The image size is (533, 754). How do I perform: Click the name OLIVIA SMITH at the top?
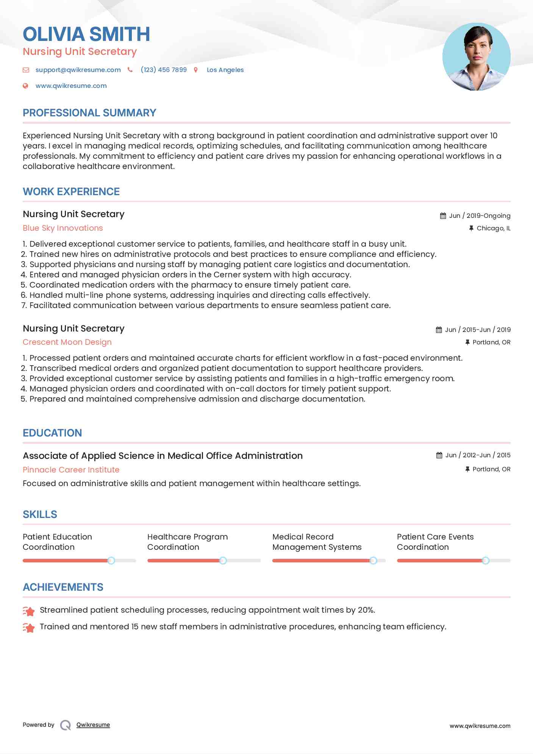(x=86, y=34)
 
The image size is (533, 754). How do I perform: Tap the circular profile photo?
(x=476, y=57)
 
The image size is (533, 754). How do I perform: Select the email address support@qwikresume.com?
(x=78, y=70)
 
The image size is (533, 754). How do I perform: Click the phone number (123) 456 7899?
(x=164, y=70)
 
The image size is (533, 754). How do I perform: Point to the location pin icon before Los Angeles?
(x=196, y=70)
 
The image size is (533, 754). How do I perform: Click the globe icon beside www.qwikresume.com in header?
(x=25, y=86)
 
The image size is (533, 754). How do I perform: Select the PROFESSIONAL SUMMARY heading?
(x=89, y=113)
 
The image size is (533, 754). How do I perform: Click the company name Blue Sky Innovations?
(x=63, y=228)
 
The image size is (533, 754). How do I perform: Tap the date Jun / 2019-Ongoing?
(x=480, y=216)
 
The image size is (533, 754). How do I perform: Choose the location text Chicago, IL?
(x=493, y=228)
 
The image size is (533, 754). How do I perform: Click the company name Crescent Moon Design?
(x=67, y=342)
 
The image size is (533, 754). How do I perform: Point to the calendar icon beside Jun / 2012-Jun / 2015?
(x=439, y=455)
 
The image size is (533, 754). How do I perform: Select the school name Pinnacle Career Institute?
(x=71, y=470)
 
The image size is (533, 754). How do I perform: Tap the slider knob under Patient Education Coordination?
(x=111, y=560)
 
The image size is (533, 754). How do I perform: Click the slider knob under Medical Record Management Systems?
(x=373, y=560)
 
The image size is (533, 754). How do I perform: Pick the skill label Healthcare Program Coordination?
(x=187, y=542)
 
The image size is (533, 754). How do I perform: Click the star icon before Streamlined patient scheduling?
(x=29, y=611)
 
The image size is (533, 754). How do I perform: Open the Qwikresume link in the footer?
(x=93, y=725)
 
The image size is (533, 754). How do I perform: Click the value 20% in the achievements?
(x=366, y=610)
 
